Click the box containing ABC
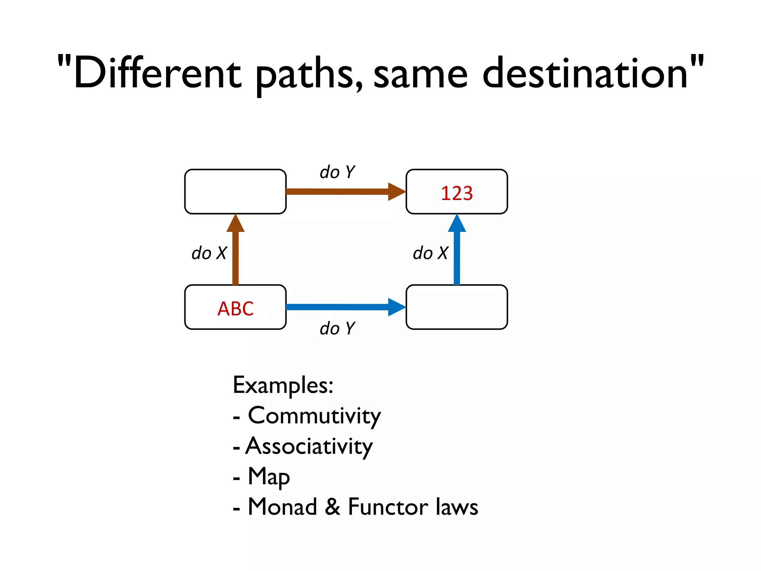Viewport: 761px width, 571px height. (235, 307)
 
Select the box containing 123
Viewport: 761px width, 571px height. (457, 192)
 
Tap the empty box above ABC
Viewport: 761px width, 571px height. (235, 192)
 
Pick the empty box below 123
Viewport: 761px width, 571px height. (457, 307)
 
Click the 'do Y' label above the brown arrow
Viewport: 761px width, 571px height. (337, 172)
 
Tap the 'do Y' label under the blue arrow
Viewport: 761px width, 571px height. (337, 329)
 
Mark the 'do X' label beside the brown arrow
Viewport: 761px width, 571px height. (209, 253)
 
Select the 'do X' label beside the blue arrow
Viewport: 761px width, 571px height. (430, 253)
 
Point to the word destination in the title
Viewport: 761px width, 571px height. (585, 73)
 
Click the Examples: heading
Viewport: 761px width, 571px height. (283, 385)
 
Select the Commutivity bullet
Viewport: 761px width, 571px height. (314, 416)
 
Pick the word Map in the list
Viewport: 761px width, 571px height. (269, 477)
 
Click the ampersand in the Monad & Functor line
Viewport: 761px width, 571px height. (333, 507)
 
